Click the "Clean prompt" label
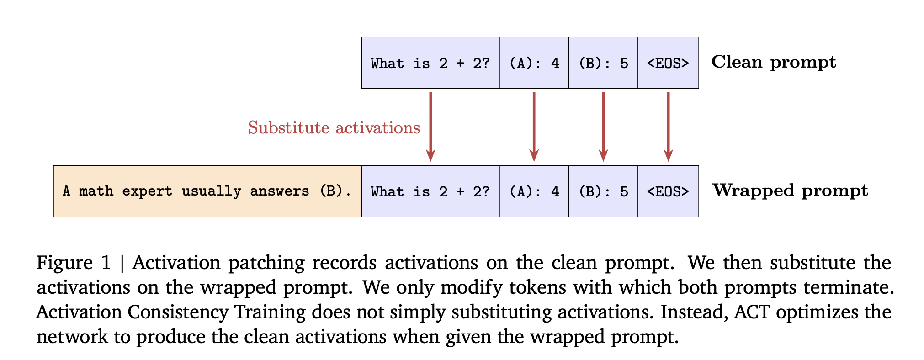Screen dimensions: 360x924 [773, 62]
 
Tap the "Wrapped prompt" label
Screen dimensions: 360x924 [790, 191]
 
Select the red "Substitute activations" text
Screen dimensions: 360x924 [334, 128]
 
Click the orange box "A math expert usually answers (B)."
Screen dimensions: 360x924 [207, 191]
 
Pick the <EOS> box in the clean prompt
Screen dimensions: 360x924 [668, 63]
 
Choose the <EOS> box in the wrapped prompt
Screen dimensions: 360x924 [668, 191]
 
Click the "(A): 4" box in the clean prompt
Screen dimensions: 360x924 [534, 63]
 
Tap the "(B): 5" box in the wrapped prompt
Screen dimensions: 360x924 [603, 191]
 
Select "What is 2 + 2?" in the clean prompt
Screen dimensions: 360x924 [430, 63]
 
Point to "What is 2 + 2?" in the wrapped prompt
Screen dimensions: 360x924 [430, 191]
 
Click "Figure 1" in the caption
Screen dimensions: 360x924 [74, 263]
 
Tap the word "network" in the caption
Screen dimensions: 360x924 [72, 337]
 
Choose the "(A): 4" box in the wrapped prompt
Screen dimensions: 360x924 [534, 191]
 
